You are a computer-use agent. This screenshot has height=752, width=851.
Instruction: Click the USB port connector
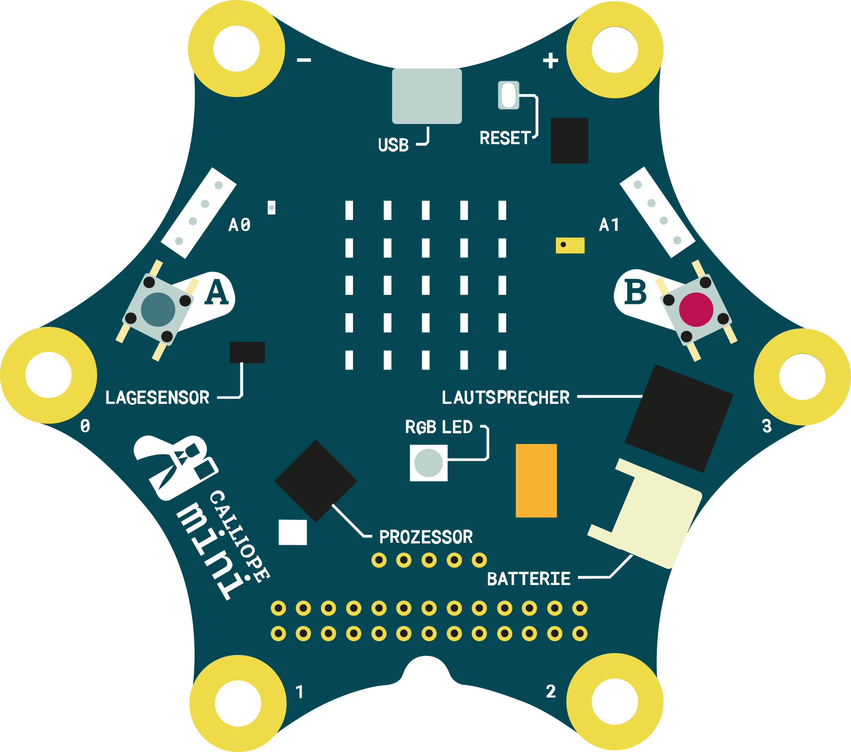coord(427,96)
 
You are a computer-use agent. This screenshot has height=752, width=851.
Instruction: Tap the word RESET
coord(505,138)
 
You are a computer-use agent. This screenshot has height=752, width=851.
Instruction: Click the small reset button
coord(508,95)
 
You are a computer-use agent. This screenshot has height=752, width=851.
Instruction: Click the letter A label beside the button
coord(217,292)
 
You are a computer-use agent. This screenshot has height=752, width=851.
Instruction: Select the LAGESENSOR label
coord(157,398)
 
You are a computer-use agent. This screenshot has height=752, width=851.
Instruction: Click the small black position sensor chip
coord(247,352)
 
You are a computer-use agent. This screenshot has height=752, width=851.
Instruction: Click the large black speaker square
coord(679,418)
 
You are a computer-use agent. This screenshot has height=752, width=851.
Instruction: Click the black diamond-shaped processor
coord(315,481)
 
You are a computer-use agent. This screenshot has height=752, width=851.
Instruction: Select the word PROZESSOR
coord(426,537)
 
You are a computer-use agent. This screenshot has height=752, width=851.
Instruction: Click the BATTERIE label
coord(528,579)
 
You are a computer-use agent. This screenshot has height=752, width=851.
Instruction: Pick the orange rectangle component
coord(536,481)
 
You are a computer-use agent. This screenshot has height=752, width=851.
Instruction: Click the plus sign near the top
coord(550,61)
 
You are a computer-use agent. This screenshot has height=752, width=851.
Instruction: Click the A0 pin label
coord(239,225)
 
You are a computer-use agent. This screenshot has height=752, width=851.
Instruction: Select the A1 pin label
coord(609,225)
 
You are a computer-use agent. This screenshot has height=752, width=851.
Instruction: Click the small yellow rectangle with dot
coord(570,245)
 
